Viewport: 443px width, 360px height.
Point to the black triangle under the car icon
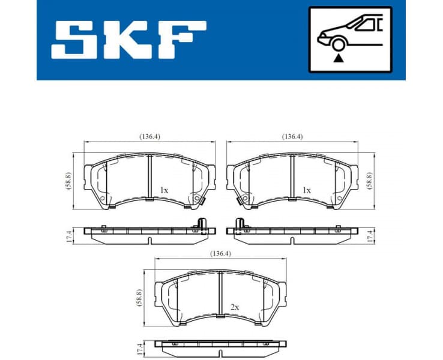[x=339, y=58]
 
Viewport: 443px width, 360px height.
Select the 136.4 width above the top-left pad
[x=149, y=137]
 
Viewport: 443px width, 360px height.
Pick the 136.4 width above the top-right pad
[x=292, y=137]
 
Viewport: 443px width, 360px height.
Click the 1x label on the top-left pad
[x=164, y=190]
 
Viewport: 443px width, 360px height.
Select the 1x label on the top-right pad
[x=307, y=190]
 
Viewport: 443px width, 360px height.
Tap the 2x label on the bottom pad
[x=235, y=307]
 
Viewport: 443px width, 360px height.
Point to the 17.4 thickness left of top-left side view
[x=70, y=236]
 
